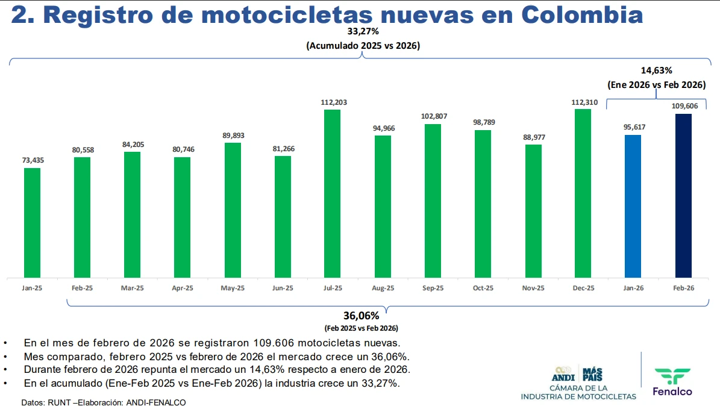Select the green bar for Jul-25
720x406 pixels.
(x=332, y=193)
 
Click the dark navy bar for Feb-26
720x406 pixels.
(x=683, y=196)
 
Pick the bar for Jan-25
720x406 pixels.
(x=32, y=222)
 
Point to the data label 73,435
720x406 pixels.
(x=32, y=160)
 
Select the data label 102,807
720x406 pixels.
(x=433, y=116)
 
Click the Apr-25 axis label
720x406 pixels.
(x=182, y=289)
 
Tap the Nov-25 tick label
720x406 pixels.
(x=533, y=289)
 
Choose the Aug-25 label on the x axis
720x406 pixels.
(x=383, y=289)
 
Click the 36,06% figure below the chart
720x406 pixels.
(x=361, y=316)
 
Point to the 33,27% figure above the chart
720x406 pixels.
(x=363, y=31)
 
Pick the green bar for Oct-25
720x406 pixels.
(x=483, y=204)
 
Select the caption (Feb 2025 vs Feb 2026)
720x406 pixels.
(x=361, y=328)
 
